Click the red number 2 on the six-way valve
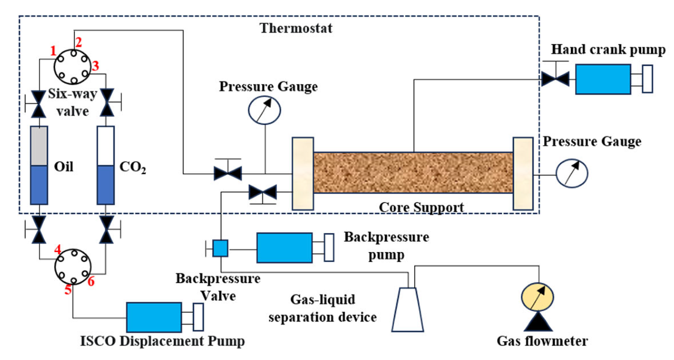[x=79, y=41]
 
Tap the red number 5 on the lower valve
[x=68, y=290]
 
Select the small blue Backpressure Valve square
[x=220, y=248]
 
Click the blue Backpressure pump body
[x=284, y=248]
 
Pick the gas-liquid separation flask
[x=407, y=309]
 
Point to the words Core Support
[x=421, y=207]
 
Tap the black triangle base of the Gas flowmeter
[x=537, y=321]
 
